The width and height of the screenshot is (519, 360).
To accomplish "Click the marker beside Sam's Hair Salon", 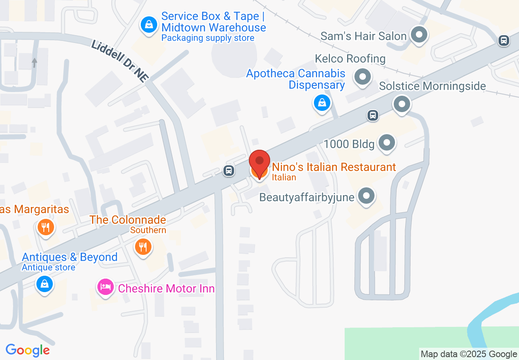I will click(419, 35).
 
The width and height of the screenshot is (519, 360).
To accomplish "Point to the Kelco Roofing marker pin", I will click(362, 77).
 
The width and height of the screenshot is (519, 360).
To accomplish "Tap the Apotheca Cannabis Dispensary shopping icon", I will click(322, 103).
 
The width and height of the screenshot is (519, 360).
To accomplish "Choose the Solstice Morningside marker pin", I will click(402, 104).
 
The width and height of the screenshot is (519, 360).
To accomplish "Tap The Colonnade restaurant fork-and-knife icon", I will click(143, 247).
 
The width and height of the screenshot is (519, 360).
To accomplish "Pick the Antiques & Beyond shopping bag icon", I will click(44, 283).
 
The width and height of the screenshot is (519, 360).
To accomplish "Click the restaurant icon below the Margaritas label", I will click(46, 227).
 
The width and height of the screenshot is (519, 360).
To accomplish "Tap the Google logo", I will click(27, 350).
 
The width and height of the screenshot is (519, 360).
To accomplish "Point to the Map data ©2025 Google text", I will click(469, 354).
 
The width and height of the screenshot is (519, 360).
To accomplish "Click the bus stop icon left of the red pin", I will click(229, 171).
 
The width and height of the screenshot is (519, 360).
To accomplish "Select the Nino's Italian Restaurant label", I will click(334, 167).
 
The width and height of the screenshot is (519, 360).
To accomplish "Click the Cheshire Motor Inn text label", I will click(166, 288).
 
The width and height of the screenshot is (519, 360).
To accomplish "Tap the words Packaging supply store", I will click(208, 38).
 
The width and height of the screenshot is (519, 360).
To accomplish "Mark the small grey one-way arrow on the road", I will click(34, 63).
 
